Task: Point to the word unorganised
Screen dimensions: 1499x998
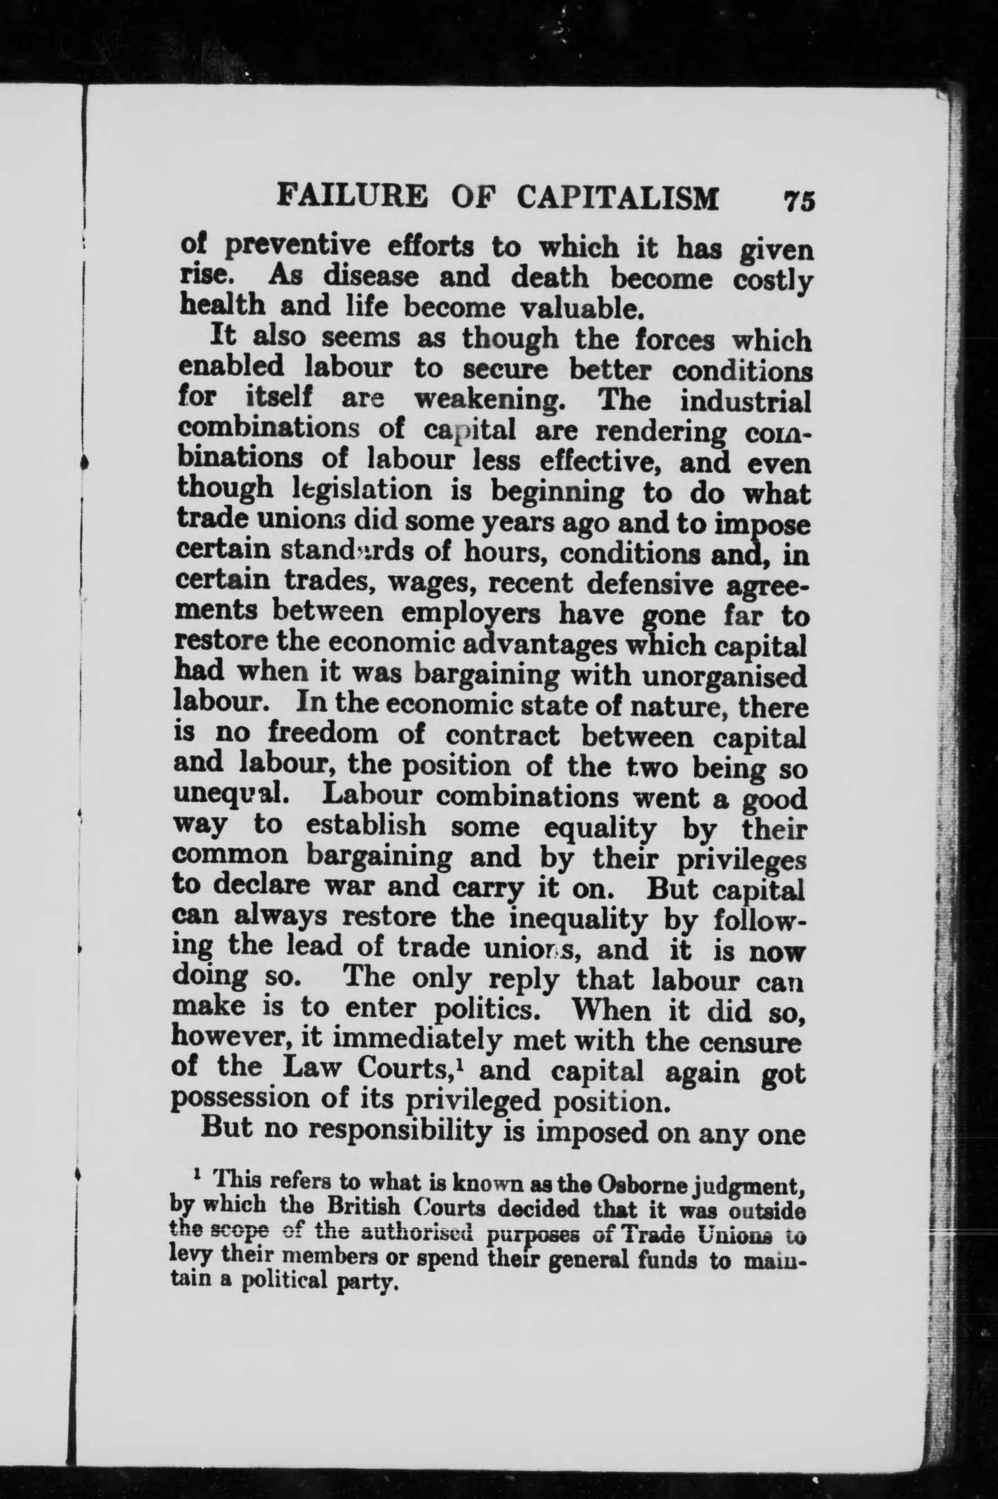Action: coord(725,676)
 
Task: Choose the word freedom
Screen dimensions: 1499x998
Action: coord(323,736)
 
